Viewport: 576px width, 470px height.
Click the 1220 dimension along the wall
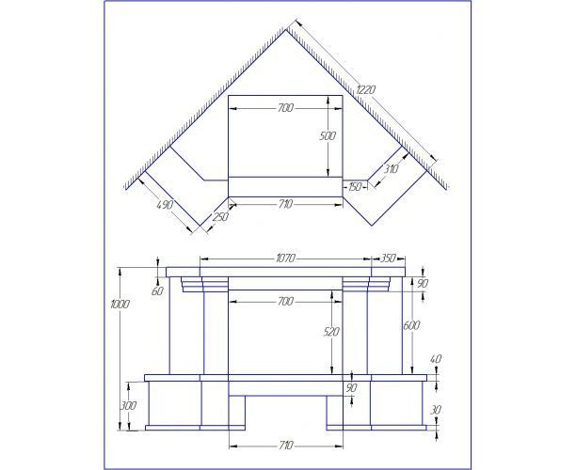pyautogui.click(x=366, y=90)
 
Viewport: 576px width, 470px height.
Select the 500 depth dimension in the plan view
pyautogui.click(x=328, y=136)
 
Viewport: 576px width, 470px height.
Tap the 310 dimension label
pyautogui.click(x=391, y=169)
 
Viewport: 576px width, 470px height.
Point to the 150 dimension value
pyautogui.click(x=355, y=187)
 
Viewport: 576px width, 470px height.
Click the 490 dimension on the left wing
pyautogui.click(x=165, y=204)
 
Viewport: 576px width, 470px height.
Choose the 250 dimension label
pyautogui.click(x=220, y=217)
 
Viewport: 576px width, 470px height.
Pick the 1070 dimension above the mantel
pyautogui.click(x=285, y=258)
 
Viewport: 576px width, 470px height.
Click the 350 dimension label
pyautogui.click(x=388, y=258)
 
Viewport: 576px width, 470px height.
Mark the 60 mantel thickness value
pyautogui.click(x=157, y=291)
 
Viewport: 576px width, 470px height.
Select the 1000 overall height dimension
pyautogui.click(x=120, y=305)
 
